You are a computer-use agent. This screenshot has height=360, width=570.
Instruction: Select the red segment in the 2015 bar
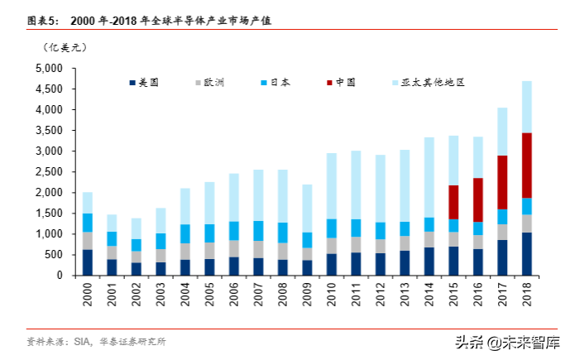pyautogui.click(x=453, y=202)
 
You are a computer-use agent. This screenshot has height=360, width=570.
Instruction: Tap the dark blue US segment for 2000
pyautogui.click(x=87, y=262)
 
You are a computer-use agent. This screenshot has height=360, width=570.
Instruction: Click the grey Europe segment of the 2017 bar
pyautogui.click(x=502, y=232)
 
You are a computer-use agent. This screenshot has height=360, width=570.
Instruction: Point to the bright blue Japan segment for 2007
pyautogui.click(x=258, y=231)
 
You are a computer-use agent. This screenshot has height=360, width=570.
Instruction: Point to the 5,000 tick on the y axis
pyautogui.click(x=51, y=68)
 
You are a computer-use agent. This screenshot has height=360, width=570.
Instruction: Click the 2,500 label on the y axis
pyautogui.click(x=51, y=172)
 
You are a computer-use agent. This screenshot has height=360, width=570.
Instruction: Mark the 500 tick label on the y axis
pyautogui.click(x=56, y=255)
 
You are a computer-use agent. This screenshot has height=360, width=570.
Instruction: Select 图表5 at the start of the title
pyautogui.click(x=43, y=20)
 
